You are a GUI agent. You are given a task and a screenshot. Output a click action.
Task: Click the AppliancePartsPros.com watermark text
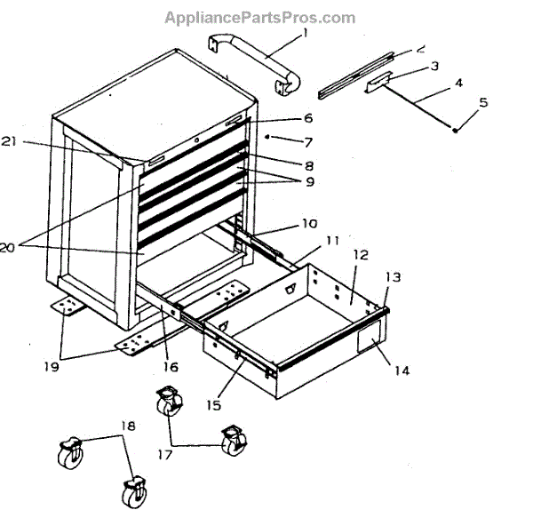coord(259,18)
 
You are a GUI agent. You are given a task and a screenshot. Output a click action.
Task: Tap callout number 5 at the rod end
coord(483,103)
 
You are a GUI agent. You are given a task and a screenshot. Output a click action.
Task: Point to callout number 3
coord(434,67)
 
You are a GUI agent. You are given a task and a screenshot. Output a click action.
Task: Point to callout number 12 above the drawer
coord(359,254)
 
